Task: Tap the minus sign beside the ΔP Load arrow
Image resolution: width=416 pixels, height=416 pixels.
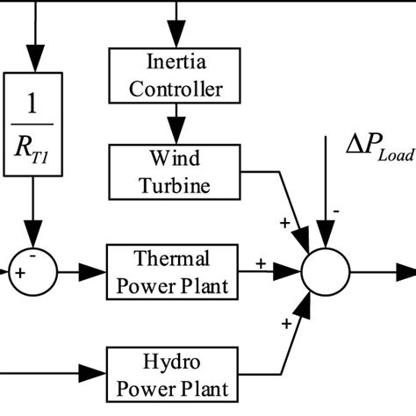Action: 336,211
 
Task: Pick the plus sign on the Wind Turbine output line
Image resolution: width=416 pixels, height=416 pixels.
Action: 283,222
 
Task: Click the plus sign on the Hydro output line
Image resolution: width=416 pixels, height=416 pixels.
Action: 287,324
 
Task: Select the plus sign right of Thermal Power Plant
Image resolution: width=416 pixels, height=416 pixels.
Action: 261,262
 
